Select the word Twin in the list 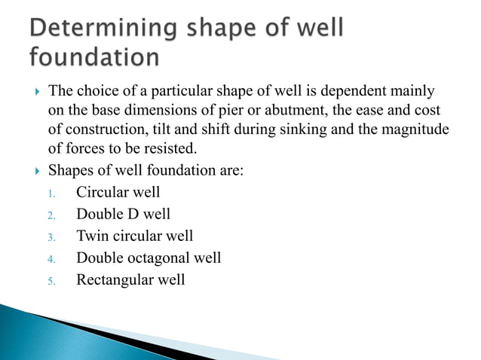click(91, 236)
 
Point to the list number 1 click(51, 194)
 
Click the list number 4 click(51, 259)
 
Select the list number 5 click(51, 281)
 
